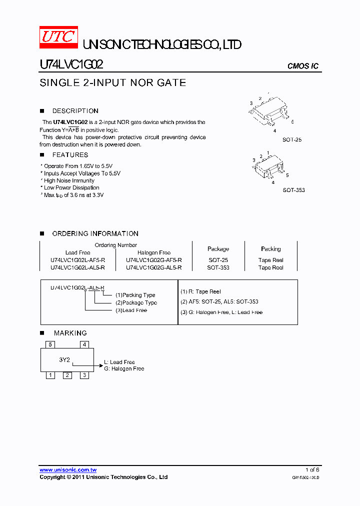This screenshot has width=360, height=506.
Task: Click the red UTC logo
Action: [58, 37]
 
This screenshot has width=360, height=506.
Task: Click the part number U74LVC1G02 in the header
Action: [71, 65]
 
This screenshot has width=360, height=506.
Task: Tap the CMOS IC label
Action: [302, 66]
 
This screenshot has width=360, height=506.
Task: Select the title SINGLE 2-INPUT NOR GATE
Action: [112, 83]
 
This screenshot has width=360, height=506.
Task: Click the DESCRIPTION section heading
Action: [75, 111]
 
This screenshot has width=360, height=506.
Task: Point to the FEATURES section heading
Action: [70, 155]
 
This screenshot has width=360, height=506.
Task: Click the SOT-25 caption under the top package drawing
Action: [292, 140]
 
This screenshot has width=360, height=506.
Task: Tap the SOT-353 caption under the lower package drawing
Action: [293, 190]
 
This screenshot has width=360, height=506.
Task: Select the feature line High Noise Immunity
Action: [69, 180]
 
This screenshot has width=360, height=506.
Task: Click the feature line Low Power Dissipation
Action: [71, 187]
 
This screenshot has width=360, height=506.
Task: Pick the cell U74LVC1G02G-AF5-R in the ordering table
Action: [154, 260]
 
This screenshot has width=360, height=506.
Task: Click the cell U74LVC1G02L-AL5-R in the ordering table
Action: [77, 267]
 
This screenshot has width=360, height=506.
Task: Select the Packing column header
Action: [270, 248]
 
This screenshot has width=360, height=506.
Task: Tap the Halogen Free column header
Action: [154, 252]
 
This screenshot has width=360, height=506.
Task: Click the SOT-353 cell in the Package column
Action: [218, 267]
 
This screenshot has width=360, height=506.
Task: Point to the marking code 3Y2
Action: [64, 359]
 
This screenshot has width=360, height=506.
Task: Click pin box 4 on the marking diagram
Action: [85, 344]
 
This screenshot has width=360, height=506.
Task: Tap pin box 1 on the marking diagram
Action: [50, 375]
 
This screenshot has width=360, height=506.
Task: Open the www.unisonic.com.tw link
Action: [68, 470]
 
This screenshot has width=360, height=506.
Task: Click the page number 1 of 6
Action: [312, 469]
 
